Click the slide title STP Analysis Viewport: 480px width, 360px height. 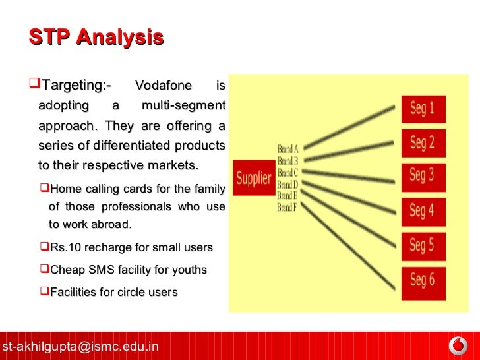[96, 37]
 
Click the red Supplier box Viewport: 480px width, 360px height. [254, 177]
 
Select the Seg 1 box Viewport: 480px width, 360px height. [423, 109]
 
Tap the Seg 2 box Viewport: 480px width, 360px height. [423, 142]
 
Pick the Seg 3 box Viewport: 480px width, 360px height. [423, 175]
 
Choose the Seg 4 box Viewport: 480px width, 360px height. [423, 210]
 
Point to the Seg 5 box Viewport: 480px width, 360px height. [423, 246]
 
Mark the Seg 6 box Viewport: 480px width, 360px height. [423, 280]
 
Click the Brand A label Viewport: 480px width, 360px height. [287, 150]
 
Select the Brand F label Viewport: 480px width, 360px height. [287, 208]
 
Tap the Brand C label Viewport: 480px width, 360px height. [287, 173]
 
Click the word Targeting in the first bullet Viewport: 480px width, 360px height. [75, 86]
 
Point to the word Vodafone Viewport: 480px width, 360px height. [163, 86]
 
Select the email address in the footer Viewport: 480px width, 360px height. [80, 346]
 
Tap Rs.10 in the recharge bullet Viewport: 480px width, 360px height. [63, 248]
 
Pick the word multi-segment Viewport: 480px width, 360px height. [184, 105]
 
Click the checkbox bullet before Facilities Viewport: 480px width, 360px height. [45, 291]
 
